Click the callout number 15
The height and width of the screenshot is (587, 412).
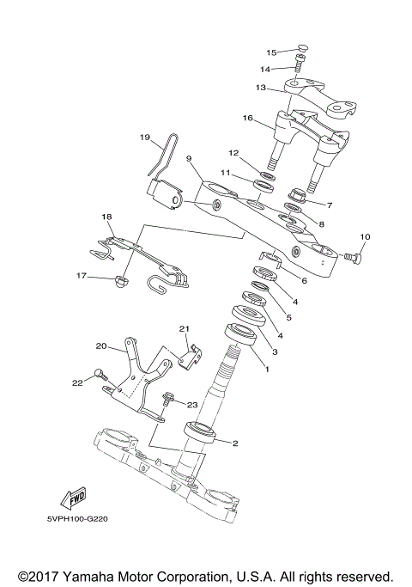tap(271, 52)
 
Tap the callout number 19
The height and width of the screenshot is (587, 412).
tap(144, 137)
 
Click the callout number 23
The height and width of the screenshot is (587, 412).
tap(192, 406)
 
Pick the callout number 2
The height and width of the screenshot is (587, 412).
tap(234, 443)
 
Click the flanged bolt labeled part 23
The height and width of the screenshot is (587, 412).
tap(167, 399)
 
